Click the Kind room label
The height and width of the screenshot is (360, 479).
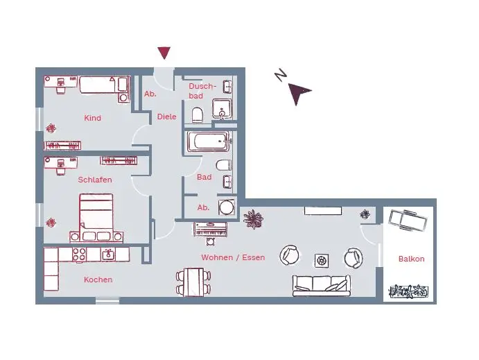pos(92,118)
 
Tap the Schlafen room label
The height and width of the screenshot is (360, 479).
pos(95,180)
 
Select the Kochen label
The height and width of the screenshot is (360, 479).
pos(98,280)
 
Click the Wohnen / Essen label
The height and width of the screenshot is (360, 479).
pos(233,257)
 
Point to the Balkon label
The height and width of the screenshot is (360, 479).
pos(411,259)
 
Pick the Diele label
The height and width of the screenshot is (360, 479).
pos(166,117)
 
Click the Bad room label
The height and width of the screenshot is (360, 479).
pos(204,177)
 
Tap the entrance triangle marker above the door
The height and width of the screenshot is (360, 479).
pos(164,53)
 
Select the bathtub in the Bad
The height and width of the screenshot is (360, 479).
pos(208,142)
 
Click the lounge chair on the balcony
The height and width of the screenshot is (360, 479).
pos(407,221)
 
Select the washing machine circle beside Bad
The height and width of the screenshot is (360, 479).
pos(226,207)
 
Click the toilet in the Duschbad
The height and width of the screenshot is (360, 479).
pos(197,114)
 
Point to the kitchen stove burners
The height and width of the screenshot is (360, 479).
pos(77,255)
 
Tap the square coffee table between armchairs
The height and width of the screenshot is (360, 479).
pos(322,259)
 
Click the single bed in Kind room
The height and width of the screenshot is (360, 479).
pos(103,85)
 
